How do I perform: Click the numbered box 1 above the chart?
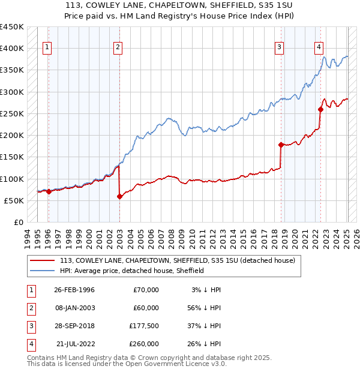(47, 47)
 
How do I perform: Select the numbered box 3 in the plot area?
(280, 47)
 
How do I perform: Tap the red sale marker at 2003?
(119, 196)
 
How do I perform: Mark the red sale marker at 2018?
(281, 145)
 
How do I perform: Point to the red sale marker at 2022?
(320, 109)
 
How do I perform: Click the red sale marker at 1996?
(49, 192)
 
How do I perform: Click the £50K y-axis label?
(14, 200)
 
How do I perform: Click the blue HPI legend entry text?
(132, 271)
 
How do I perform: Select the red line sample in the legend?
(42, 261)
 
